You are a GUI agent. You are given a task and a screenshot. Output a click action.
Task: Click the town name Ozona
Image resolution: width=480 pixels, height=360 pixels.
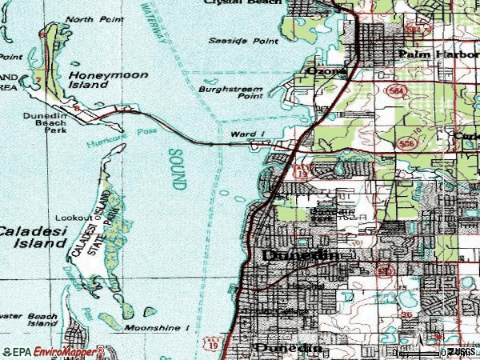326,70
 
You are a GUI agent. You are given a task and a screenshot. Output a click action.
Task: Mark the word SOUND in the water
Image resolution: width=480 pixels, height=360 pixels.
178,169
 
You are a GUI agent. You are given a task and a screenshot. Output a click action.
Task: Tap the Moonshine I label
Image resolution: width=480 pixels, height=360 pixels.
156,328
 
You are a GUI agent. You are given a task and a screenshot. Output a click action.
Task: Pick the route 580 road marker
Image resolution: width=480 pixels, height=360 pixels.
386,272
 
